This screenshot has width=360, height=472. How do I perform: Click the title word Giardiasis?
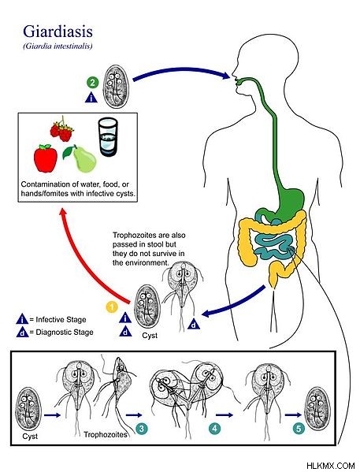point(58,32)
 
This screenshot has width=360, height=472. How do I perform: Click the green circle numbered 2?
point(92,82)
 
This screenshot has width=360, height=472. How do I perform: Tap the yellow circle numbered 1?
point(111,307)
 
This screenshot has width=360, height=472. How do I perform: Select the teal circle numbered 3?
point(142,429)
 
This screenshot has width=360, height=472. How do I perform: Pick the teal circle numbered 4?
point(214,429)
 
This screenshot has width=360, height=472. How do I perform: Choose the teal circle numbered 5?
point(299,429)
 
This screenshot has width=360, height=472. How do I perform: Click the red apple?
point(46,158)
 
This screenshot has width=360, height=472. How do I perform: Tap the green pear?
point(80,159)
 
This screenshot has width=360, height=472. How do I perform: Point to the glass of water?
point(108,137)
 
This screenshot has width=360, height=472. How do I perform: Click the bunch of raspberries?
point(62,130)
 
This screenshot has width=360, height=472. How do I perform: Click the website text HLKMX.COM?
point(331,466)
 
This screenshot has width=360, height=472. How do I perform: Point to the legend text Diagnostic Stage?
point(65,333)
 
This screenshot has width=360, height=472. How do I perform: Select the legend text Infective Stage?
point(61,319)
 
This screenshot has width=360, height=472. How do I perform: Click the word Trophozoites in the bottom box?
point(105,435)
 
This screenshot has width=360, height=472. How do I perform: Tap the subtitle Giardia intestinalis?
point(58,46)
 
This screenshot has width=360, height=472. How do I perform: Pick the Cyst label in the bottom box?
point(30,437)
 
